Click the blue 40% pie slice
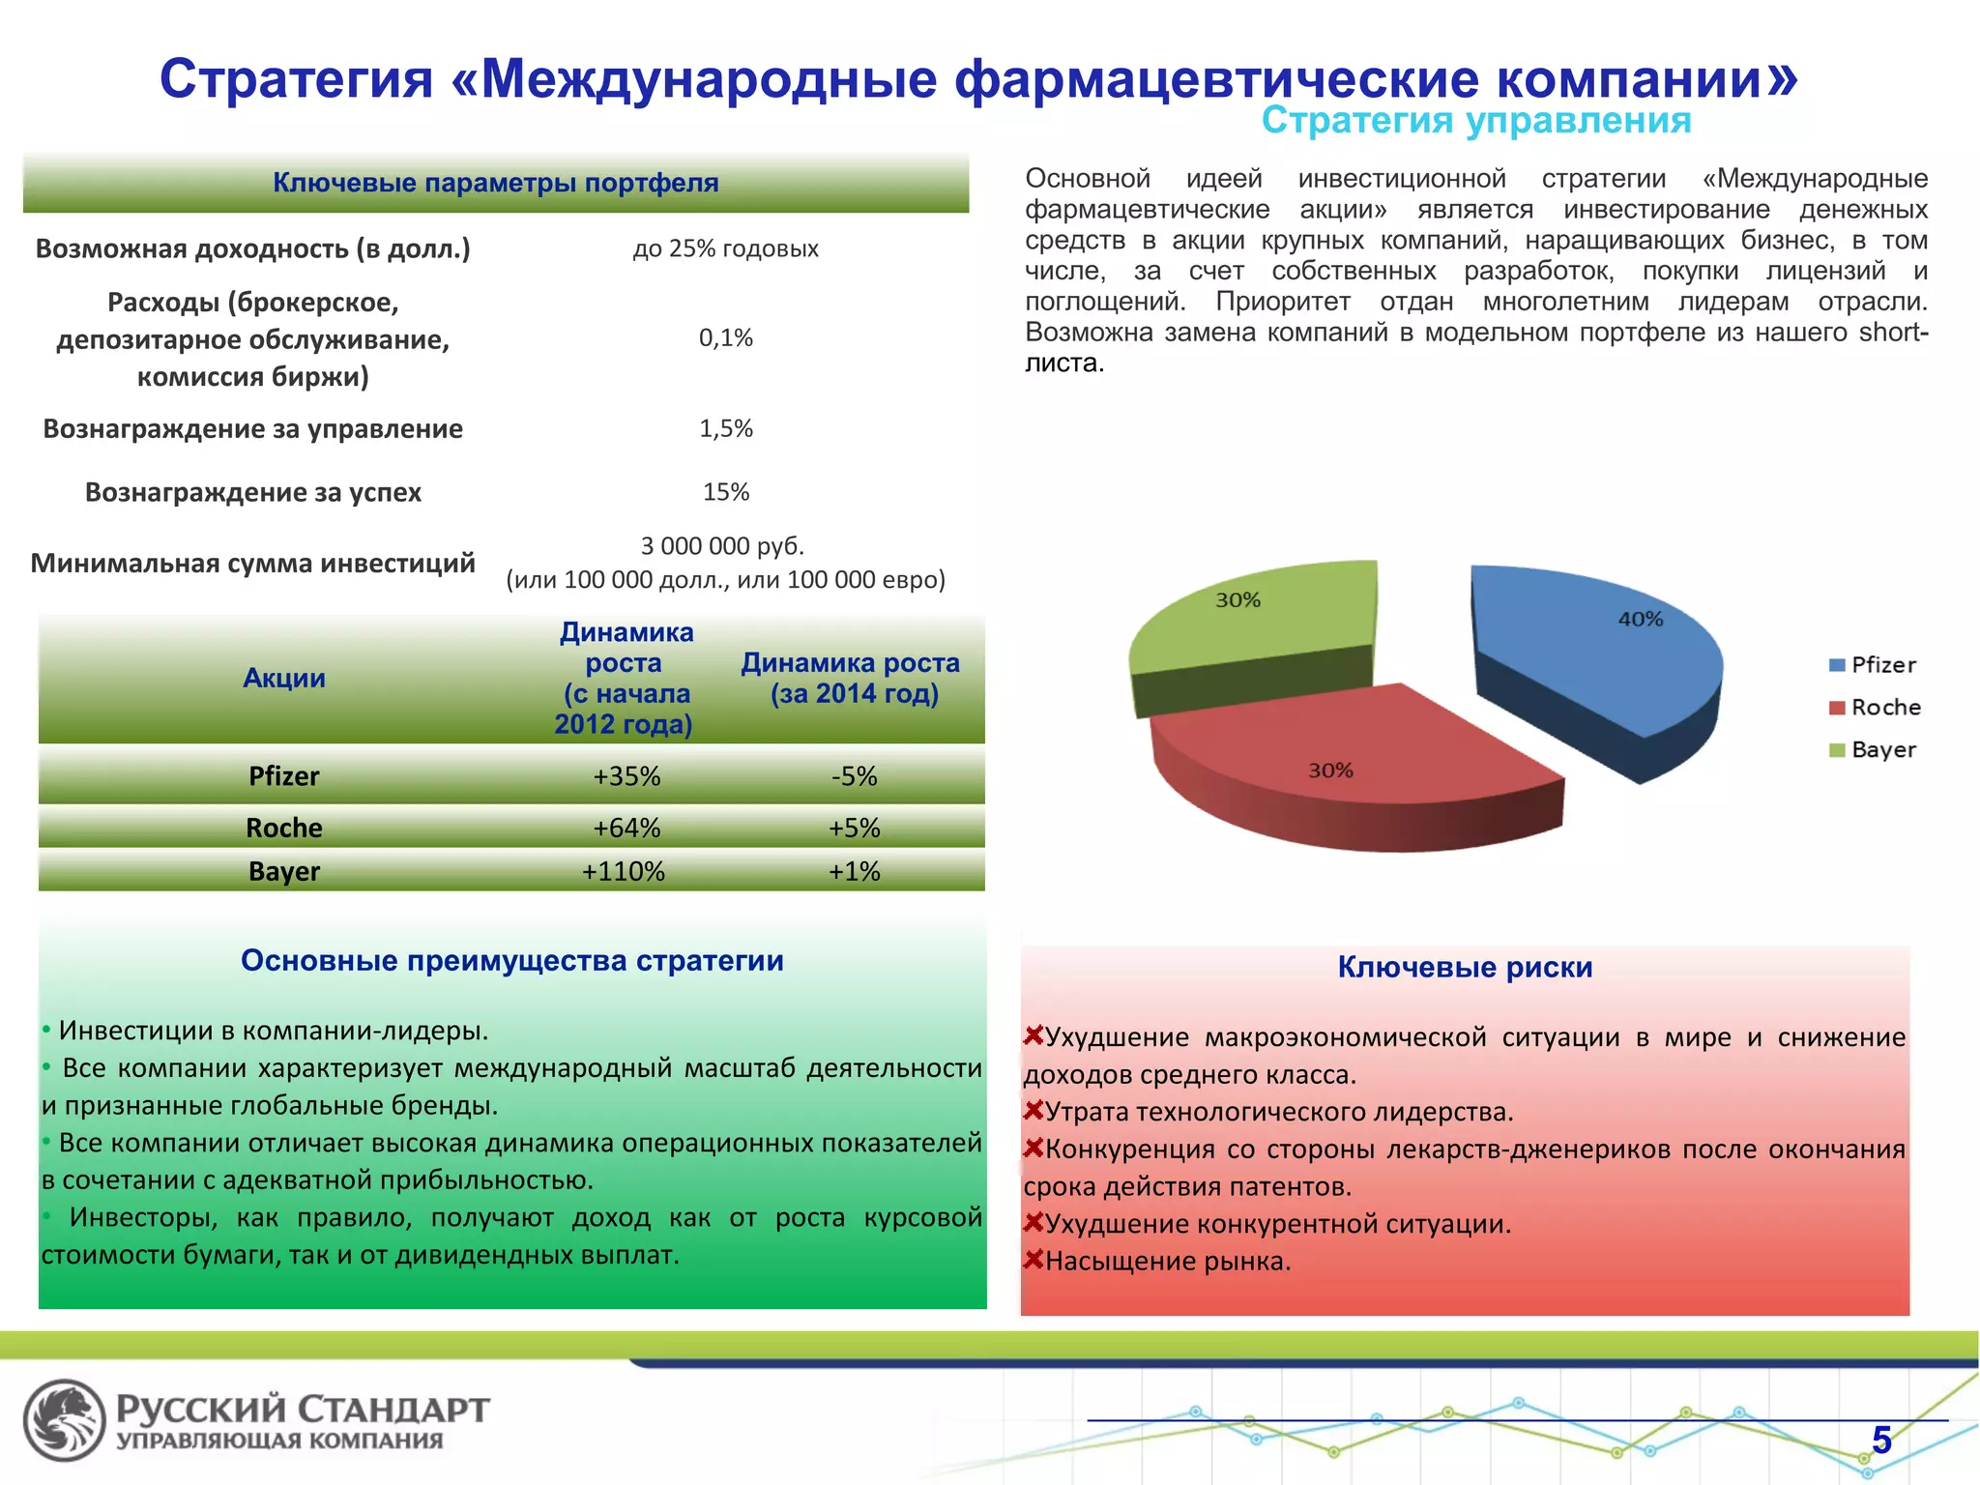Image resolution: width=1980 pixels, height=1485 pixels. [1595, 648]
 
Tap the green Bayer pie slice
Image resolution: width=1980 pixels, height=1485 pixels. [1257, 619]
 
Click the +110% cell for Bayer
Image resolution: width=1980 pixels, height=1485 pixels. [624, 871]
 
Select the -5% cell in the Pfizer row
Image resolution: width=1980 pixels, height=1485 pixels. [854, 776]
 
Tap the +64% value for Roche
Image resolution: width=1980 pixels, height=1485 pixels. [626, 828]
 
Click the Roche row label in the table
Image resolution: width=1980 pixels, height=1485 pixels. [283, 828]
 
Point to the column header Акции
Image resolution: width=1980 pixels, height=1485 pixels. [283, 678]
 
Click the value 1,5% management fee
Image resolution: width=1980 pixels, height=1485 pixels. [726, 428]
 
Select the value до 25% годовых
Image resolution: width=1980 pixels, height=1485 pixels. [725, 248]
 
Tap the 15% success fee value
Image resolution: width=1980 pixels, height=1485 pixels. [726, 492]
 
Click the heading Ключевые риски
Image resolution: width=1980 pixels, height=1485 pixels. [1465, 967]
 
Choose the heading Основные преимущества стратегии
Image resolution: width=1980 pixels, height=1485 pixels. [511, 960]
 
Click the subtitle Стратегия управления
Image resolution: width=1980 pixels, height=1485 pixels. [1475, 121]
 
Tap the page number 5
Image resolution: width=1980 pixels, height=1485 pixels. [1881, 1440]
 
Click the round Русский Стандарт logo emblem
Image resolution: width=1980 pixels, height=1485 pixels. [64, 1419]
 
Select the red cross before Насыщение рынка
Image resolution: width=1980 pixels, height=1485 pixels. [1034, 1260]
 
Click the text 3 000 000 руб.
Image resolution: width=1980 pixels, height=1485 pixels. [722, 546]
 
